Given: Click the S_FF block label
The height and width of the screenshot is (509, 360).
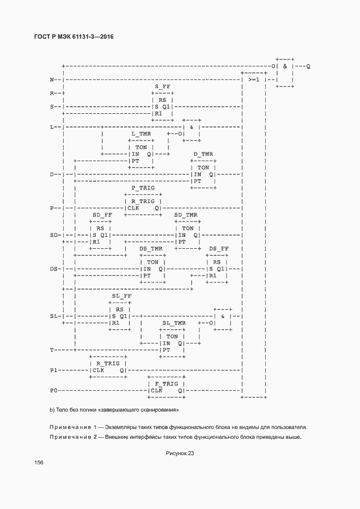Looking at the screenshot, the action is pyautogui.click(x=162, y=87).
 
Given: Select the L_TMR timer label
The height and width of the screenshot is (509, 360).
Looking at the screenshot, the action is pyautogui.click(x=141, y=134).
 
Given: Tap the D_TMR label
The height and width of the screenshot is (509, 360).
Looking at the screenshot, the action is pyautogui.click(x=203, y=154).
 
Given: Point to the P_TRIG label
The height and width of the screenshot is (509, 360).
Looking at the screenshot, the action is pyautogui.click(x=143, y=188).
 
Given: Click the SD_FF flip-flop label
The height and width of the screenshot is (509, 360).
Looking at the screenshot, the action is pyautogui.click(x=102, y=215).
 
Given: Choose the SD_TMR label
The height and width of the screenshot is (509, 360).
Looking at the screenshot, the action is pyautogui.click(x=186, y=215).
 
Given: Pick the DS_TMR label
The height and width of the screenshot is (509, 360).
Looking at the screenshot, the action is pyautogui.click(x=151, y=249).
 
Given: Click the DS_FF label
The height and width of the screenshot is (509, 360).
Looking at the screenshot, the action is pyautogui.click(x=219, y=249).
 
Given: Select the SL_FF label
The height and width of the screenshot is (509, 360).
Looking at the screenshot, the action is pyautogui.click(x=122, y=296).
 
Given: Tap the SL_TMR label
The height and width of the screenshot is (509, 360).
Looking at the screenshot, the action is pyautogui.click(x=174, y=323).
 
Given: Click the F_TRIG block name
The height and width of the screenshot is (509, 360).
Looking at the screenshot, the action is pyautogui.click(x=166, y=384).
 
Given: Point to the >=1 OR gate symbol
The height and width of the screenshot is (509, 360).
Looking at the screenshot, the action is pyautogui.click(x=254, y=80).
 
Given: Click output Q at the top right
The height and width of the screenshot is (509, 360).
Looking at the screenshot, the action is pyautogui.click(x=308, y=66).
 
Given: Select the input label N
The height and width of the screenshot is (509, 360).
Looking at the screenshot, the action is pyautogui.click(x=52, y=80).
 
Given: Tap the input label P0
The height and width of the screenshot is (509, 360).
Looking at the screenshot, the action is pyautogui.click(x=53, y=390).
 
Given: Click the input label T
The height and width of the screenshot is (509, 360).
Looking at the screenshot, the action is pyautogui.click(x=52, y=350).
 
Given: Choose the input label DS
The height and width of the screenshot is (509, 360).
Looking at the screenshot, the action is pyautogui.click(x=53, y=269).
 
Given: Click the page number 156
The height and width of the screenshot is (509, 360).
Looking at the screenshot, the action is pyautogui.click(x=39, y=463).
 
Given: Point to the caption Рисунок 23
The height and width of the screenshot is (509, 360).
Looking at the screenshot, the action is pyautogui.click(x=180, y=453).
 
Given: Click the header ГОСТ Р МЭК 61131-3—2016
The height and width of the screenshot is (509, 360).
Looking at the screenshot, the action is pyautogui.click(x=74, y=36).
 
